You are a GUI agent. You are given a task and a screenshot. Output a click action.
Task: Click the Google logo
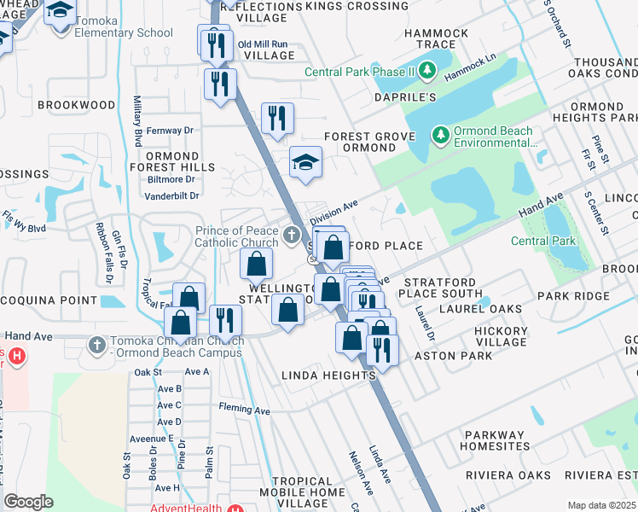tap(28, 502)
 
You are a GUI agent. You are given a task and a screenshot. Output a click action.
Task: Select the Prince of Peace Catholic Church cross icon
tap(292, 234)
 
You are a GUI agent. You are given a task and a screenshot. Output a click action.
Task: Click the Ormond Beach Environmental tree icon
tap(440, 135)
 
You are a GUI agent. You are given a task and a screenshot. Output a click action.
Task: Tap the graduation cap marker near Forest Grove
tap(304, 162)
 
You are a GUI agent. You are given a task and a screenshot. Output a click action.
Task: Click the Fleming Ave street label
tap(244, 410)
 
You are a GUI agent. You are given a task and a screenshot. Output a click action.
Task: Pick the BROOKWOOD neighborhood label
tap(77, 105)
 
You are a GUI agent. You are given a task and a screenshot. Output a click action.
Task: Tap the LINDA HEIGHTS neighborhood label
tap(328, 375)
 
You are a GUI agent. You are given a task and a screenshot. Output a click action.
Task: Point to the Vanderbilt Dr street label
tap(171, 195)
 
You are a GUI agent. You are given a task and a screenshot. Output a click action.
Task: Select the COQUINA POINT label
tap(50, 300)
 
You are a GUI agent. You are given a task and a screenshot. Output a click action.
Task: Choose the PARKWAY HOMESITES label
tap(495, 440)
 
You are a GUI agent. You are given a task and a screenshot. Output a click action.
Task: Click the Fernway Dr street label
tap(171, 131)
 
